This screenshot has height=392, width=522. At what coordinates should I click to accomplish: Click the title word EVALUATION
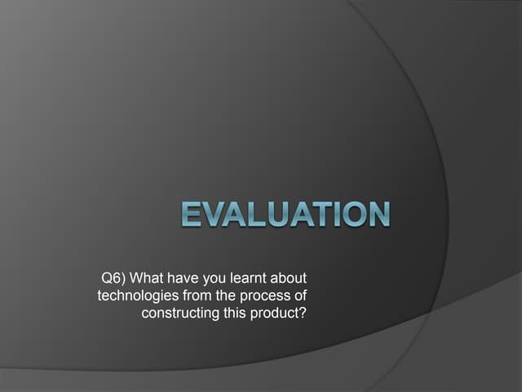point(285,214)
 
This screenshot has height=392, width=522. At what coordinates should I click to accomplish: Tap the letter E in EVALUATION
point(190,214)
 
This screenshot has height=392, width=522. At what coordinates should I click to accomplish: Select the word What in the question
point(149,279)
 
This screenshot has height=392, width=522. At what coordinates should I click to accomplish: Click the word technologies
point(134,296)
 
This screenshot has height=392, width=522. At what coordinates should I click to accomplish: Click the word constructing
point(180,313)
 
